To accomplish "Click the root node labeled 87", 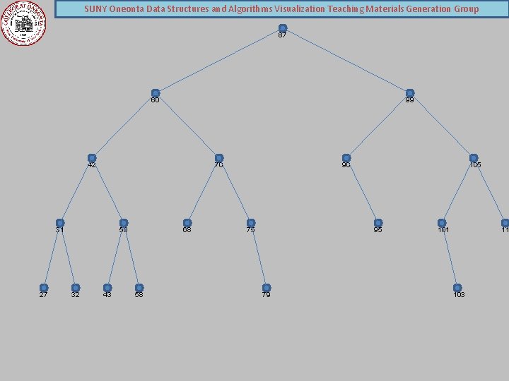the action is click(283, 29).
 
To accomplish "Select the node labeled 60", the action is click(156, 93).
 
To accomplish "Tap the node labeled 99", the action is click(410, 93).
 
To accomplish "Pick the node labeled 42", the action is click(92, 158).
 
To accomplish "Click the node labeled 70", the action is click(219, 158).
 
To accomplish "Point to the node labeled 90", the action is click(346, 158).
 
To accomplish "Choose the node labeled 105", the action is click(474, 158).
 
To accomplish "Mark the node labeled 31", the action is click(60, 223).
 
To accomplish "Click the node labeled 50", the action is click(124, 223).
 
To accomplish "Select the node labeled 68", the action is click(187, 223).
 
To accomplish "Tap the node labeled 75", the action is click(251, 223).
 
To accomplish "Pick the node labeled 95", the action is click(378, 223).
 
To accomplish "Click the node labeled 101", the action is click(442, 223).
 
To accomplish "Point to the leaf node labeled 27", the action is click(44, 288).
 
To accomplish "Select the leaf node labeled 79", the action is click(267, 288).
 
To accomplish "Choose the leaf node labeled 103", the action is click(457, 288).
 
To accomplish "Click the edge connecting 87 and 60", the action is click(219, 61).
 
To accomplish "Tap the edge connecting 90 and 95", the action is click(362, 190).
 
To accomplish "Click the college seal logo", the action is click(23, 23).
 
